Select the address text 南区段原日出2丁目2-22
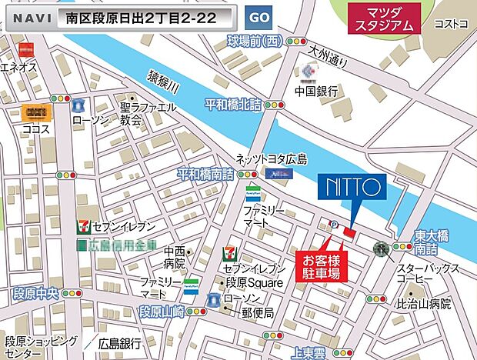coord(136,17)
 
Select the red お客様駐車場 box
coord(322,265)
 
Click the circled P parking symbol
coord(334,225)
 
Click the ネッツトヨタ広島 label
coord(271,159)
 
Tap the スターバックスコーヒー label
coord(428,274)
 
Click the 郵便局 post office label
coord(257,313)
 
